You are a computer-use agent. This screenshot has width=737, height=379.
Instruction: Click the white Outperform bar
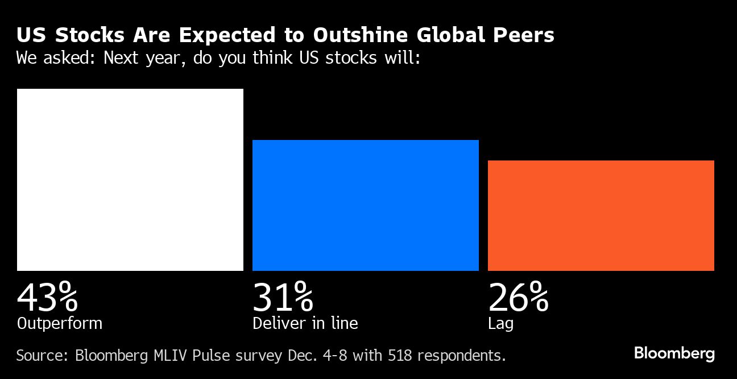(130, 179)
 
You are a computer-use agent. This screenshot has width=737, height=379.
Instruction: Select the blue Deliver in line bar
(365, 205)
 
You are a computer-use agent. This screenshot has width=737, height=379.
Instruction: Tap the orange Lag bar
(601, 215)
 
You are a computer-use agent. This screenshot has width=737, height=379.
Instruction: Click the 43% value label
(47, 297)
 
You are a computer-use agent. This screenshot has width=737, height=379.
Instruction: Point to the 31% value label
(283, 297)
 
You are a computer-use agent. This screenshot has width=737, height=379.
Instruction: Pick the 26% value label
(518, 297)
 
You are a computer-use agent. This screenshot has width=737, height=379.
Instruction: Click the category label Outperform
(60, 324)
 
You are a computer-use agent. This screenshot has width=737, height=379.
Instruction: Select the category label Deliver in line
(305, 324)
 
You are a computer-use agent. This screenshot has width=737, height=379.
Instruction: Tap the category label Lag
(500, 324)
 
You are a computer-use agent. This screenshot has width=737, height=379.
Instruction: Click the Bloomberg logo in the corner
(674, 353)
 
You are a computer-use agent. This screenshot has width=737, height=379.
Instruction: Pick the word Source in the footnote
(39, 356)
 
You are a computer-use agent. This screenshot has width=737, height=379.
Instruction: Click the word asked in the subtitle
(68, 58)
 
